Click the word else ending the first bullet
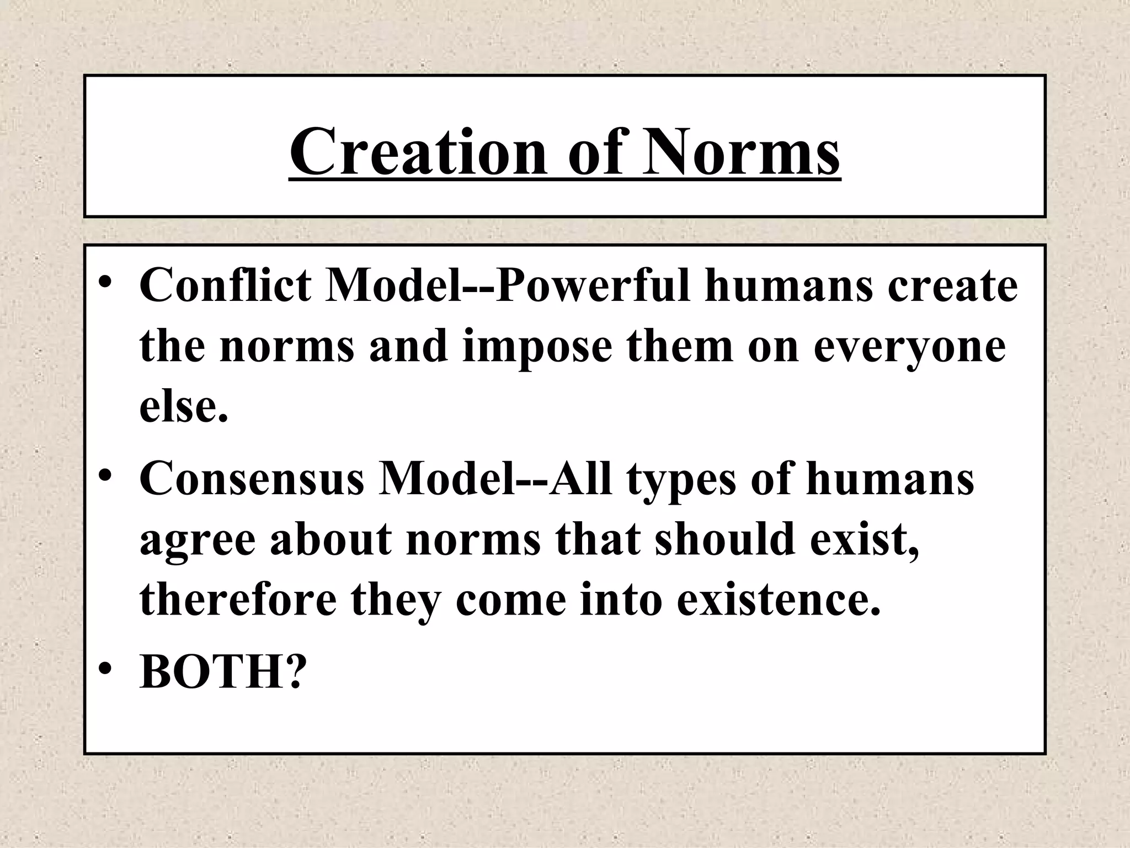click(183, 407)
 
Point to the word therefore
click(238, 599)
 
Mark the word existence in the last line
click(777, 599)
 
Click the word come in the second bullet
click(510, 599)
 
